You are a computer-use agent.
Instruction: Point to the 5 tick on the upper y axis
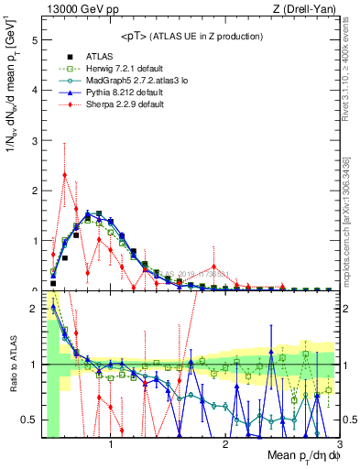[35, 41]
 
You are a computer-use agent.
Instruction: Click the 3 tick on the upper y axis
[35, 141]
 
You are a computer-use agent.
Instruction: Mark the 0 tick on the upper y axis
[35, 290]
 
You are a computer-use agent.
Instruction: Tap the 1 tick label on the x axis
[112, 445]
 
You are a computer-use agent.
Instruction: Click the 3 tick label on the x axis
[339, 445]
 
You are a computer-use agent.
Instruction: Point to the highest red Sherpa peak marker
[64, 175]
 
